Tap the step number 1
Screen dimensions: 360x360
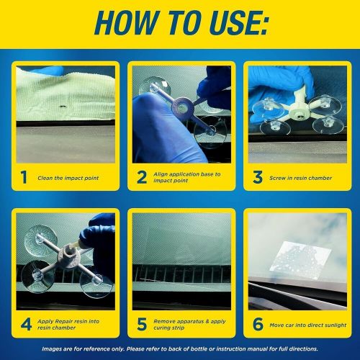click(24, 176)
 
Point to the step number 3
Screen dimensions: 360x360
click(257, 176)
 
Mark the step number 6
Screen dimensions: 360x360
click(257, 324)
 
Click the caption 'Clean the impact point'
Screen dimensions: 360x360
click(68, 176)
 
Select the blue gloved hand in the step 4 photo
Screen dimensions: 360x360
click(99, 241)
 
